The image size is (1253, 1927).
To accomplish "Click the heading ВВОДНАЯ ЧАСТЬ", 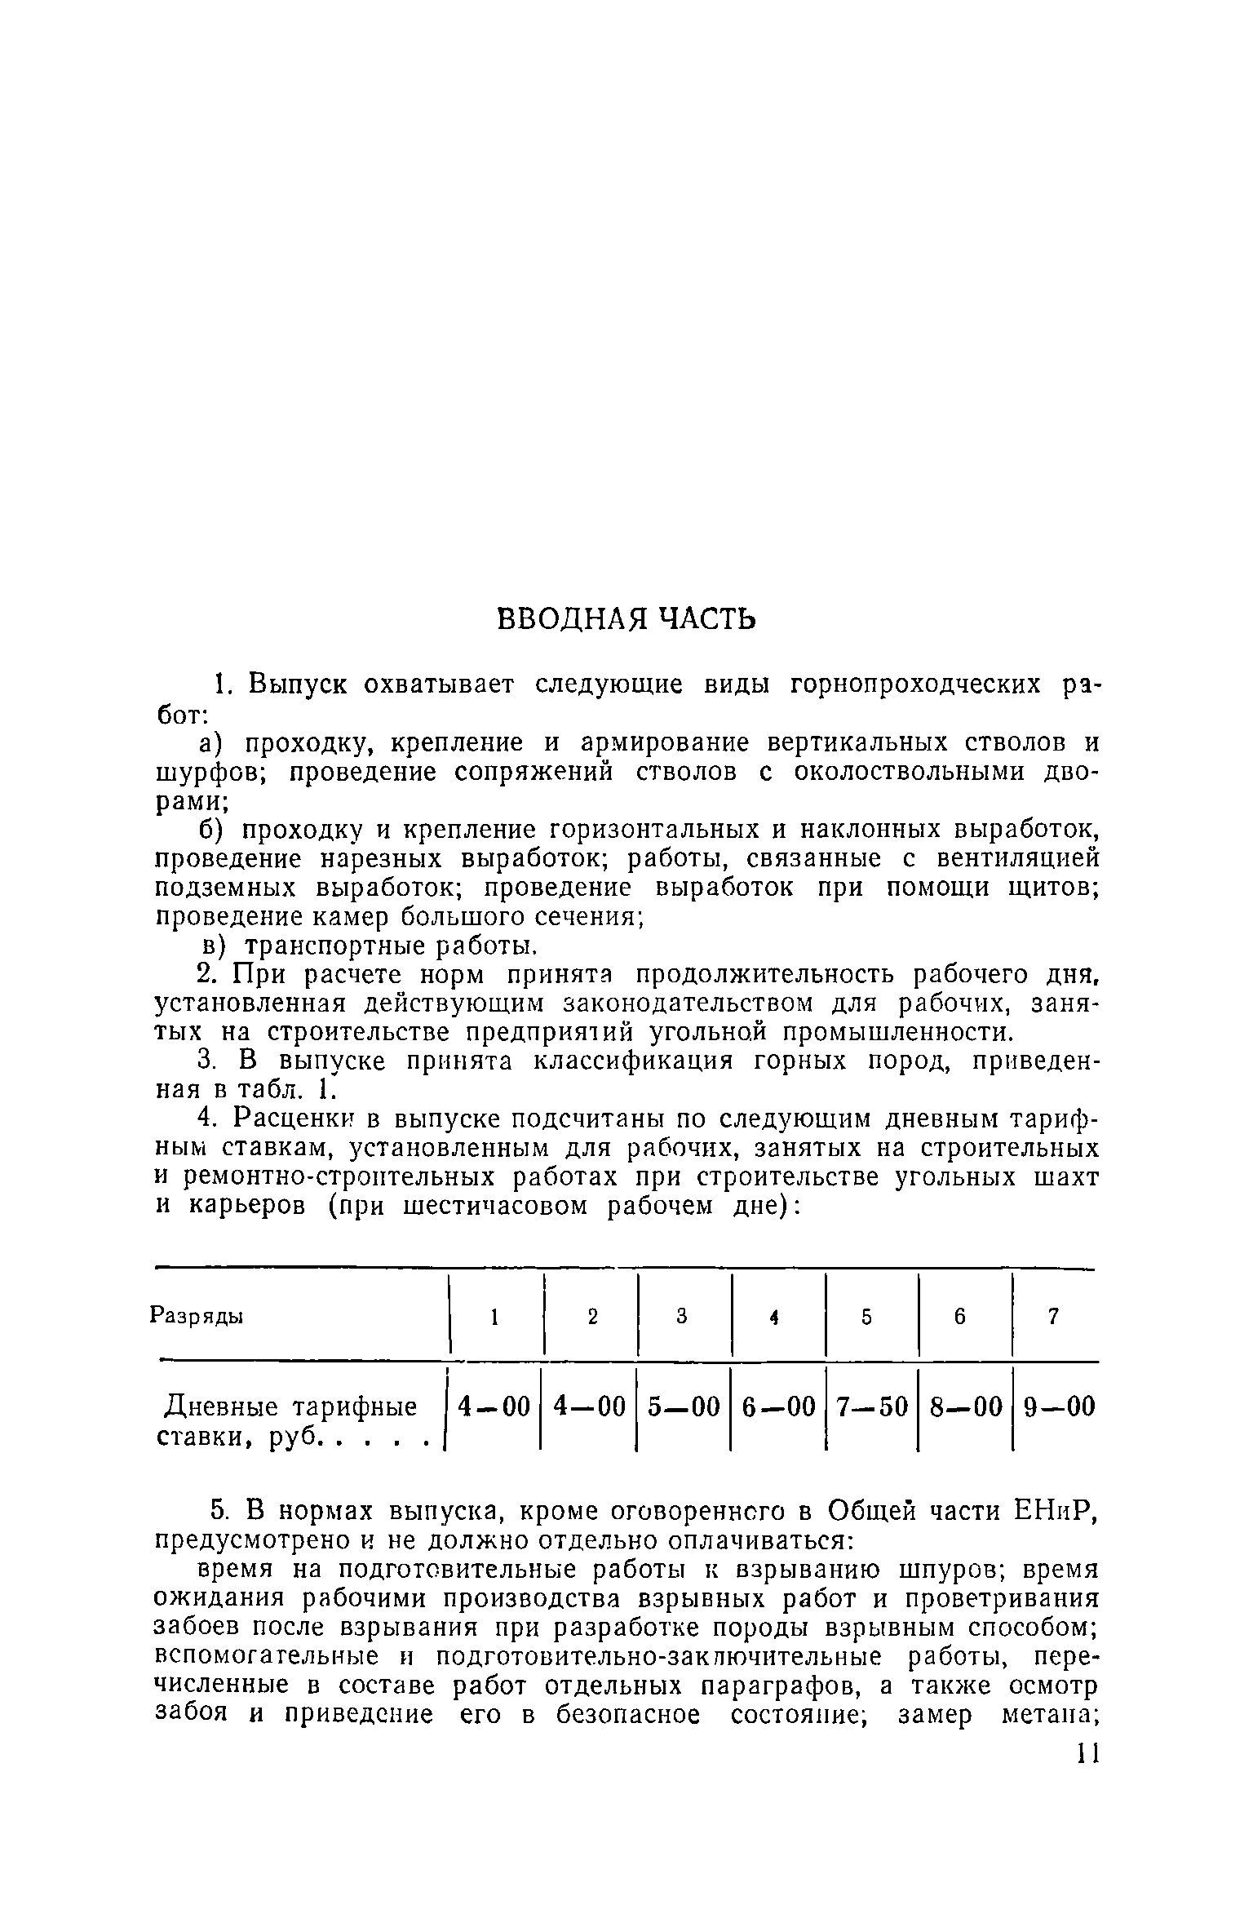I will tap(626, 620).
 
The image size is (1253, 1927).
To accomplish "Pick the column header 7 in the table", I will tap(1053, 1316).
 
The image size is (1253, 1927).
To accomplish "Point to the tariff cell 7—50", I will tap(872, 1406).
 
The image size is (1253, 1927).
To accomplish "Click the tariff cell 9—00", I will tap(1058, 1406).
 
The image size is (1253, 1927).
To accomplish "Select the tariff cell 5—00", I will tap(684, 1406).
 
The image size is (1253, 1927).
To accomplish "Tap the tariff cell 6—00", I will tap(778, 1406).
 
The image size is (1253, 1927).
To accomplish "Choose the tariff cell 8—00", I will tap(966, 1406).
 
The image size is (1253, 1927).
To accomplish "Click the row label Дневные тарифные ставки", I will tap(290, 1421).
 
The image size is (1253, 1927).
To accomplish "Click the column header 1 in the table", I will tap(494, 1317).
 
